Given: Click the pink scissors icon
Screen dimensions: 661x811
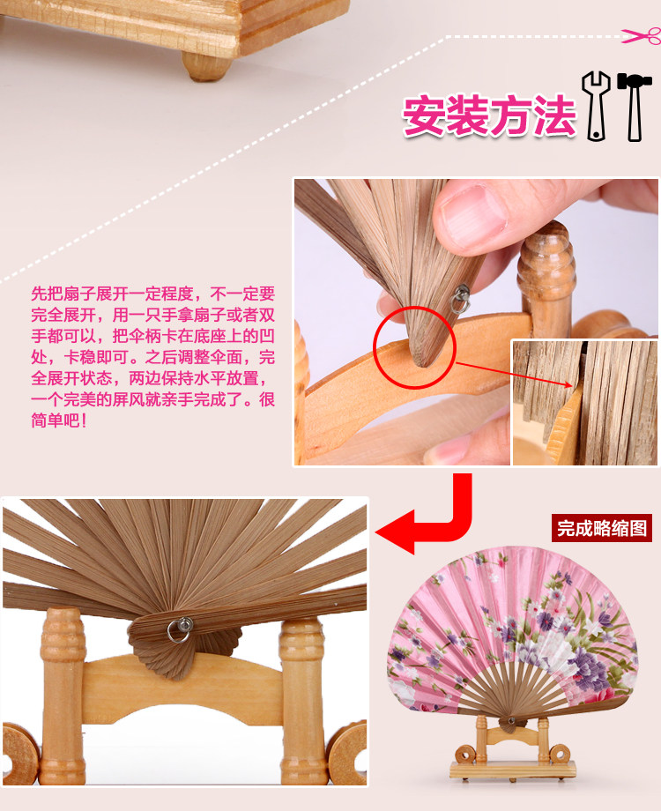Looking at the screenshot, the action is point(642,35).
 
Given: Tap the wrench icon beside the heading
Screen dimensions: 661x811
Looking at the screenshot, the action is point(596,106).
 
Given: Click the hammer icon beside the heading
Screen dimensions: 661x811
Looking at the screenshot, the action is point(634,107).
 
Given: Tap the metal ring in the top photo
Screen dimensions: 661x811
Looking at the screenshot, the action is point(460,300).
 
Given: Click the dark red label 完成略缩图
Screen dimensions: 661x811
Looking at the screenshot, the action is point(602,528).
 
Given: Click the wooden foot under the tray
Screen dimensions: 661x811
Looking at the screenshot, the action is point(205,67).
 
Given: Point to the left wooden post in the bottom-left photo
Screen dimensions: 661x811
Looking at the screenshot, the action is point(62,696).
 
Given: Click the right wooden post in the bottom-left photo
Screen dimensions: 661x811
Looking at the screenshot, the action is point(302,701).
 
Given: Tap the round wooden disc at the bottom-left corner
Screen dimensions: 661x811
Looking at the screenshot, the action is point(19,754).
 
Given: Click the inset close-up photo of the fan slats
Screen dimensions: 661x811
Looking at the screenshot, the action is point(584,402).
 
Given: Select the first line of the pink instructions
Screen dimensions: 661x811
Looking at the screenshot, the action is point(153,294).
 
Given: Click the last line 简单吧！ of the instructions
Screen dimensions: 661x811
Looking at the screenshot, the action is point(58,420).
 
